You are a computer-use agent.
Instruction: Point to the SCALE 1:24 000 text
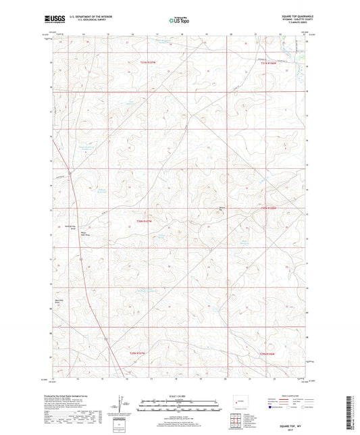[x=179, y=396]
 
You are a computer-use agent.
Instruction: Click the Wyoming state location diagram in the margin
[x=238, y=405]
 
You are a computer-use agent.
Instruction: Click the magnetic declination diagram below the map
[x=120, y=407]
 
